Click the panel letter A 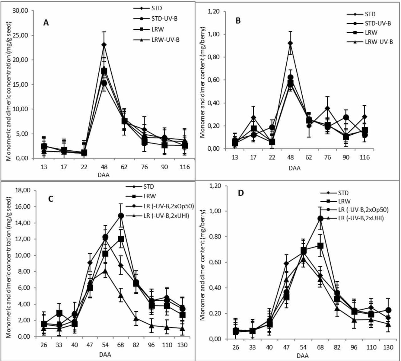46,23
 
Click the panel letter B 238,21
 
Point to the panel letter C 51,199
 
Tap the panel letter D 241,193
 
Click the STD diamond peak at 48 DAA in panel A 104,44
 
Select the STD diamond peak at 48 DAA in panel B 290,43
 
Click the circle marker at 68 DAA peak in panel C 121,216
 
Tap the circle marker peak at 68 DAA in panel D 320,219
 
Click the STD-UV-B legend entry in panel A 155,19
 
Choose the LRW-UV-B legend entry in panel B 370,42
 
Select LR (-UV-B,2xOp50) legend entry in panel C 160,206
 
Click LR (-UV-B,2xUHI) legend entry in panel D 352,218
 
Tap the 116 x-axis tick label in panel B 365,157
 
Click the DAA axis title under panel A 103,175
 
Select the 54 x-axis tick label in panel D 303,347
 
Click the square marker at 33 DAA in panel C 59,313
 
